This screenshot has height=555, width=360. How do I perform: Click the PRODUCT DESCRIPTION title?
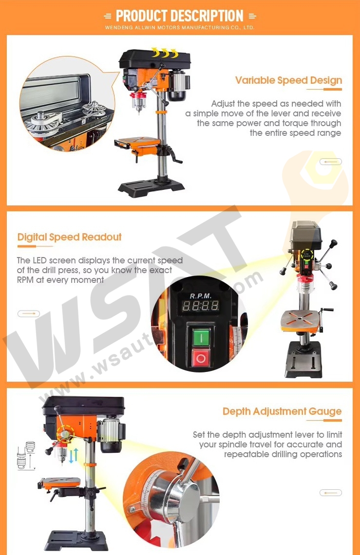[x=180, y=16]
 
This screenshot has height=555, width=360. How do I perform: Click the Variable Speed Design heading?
[x=288, y=80]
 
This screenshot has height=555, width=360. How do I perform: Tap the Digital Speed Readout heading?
[x=69, y=237]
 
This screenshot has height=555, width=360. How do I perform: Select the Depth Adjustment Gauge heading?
[x=282, y=411]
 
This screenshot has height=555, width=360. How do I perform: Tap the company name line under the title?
[x=180, y=28]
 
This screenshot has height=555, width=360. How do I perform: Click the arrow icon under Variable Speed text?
[x=331, y=162]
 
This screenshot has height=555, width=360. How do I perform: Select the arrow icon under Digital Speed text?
[x=29, y=314]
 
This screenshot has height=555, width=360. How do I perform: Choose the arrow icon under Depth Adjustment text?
[x=331, y=493]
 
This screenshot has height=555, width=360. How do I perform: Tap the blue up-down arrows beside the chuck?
[x=74, y=456]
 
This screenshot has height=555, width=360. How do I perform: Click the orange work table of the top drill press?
[x=138, y=142]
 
